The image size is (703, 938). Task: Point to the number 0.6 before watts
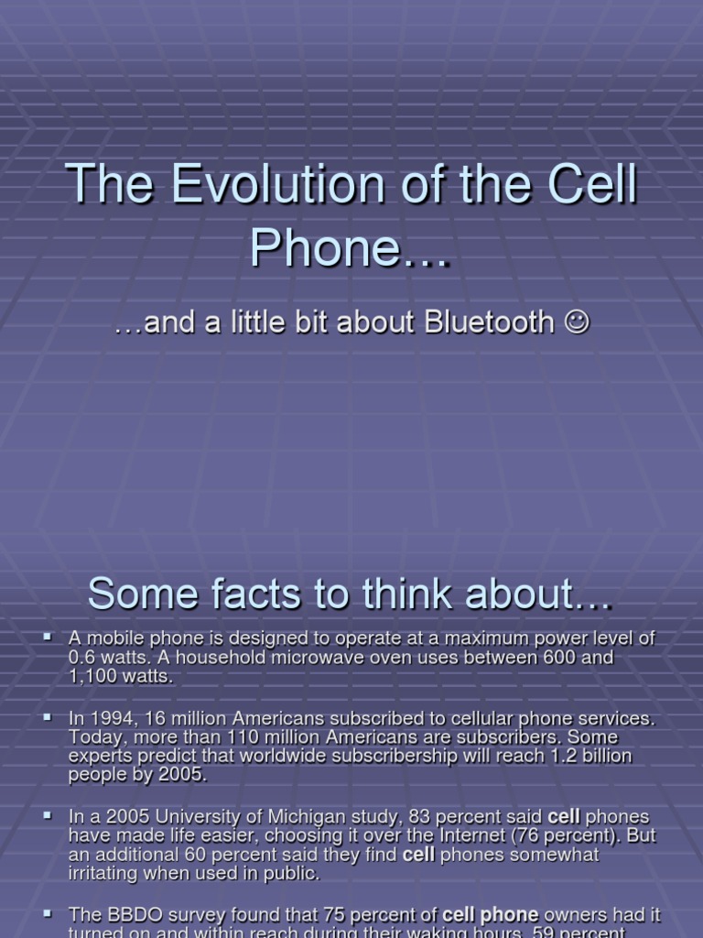point(83,658)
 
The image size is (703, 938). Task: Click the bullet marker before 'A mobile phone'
point(48,635)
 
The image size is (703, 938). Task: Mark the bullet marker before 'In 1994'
point(48,716)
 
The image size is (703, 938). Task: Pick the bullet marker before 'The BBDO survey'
point(48,912)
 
